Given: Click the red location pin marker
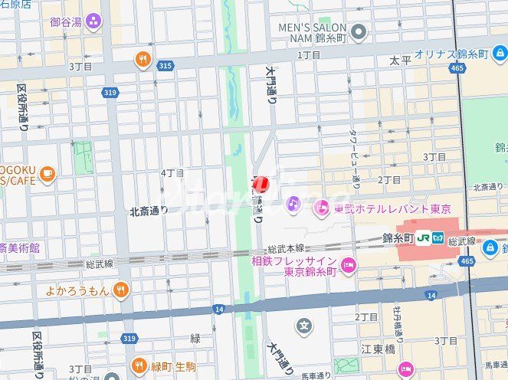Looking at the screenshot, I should click(x=261, y=184).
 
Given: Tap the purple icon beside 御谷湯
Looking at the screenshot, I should click(x=93, y=21).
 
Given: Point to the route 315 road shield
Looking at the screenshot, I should click(x=165, y=67).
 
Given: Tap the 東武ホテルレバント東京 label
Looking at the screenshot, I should click(x=392, y=208).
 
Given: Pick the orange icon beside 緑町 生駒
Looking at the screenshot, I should click(x=139, y=365).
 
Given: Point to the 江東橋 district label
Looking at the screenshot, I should click(x=377, y=349).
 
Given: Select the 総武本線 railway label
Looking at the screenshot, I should click(x=286, y=249).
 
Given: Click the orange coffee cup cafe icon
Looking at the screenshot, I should click(x=48, y=175).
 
